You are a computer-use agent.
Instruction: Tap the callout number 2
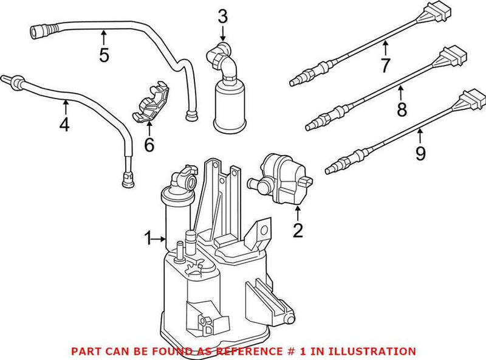(x=298, y=229)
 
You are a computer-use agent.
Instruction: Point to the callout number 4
(x=64, y=125)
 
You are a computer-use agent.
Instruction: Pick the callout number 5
(x=104, y=55)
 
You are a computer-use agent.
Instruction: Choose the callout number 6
(x=149, y=145)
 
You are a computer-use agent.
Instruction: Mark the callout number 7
(x=386, y=64)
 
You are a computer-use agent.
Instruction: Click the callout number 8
(x=401, y=110)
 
